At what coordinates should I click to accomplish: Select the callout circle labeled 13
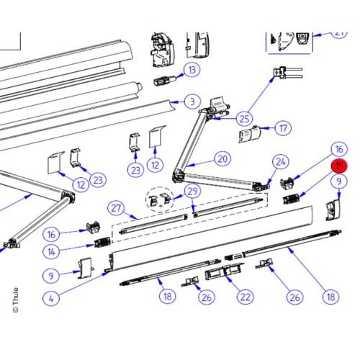(x=192, y=70)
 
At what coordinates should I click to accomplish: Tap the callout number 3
(x=192, y=102)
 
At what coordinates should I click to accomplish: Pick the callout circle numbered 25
(x=245, y=117)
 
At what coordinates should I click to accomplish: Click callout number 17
(x=284, y=129)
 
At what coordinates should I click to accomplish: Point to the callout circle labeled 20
(x=222, y=159)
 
